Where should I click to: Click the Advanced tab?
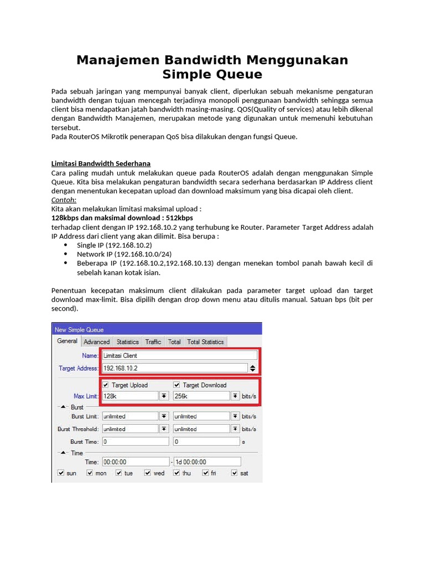(97, 342)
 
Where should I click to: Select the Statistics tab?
(127, 342)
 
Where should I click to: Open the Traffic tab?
(153, 342)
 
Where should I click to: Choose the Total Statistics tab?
(205, 342)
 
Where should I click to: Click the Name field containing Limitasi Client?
(179, 355)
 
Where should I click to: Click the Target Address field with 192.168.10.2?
(174, 368)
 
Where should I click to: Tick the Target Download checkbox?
(177, 385)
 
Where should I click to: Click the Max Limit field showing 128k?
(130, 396)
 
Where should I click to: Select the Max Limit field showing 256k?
(201, 396)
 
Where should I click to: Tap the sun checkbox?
(61, 473)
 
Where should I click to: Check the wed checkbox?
(148, 473)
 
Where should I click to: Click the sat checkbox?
(235, 473)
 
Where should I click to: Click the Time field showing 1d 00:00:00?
(208, 461)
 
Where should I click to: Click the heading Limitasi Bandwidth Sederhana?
(101, 163)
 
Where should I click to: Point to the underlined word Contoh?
(64, 200)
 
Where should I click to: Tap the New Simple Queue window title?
(79, 329)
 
